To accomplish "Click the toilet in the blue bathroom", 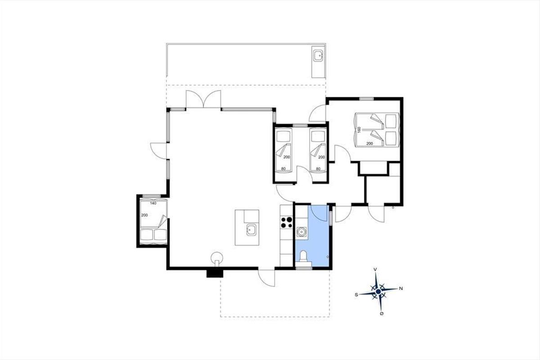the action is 303,256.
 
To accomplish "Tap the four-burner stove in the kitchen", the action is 286,222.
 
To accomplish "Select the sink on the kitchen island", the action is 251,230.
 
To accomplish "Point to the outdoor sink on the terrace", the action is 319,56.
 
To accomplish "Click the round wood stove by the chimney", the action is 217,258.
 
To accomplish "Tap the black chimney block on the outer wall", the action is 215,274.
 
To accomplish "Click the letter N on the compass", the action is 401,288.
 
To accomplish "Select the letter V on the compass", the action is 375,270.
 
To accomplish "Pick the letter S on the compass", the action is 356,295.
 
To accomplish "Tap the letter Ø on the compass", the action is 382,314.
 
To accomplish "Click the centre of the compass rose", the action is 378,292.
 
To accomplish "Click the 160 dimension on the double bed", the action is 359,130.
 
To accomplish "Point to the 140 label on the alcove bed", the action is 153,203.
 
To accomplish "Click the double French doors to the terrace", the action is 203,99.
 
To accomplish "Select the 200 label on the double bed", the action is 369,144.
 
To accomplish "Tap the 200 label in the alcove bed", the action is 144,215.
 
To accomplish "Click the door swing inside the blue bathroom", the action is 319,213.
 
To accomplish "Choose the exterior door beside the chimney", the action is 266,278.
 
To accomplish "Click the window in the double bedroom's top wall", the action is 366,99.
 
